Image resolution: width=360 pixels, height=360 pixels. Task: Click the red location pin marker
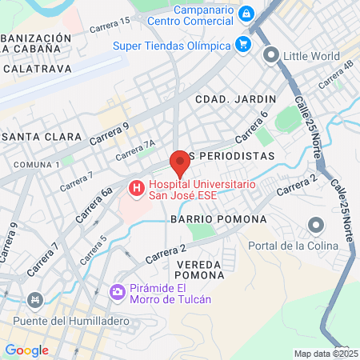[x=180, y=163]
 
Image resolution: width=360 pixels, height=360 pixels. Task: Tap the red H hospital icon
[x=136, y=190]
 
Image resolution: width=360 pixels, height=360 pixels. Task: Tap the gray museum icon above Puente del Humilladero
[x=34, y=301]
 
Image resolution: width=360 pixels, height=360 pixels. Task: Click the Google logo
[x=26, y=350]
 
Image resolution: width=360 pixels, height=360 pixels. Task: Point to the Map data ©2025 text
[x=326, y=354]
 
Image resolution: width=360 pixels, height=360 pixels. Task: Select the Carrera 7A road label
[x=135, y=149]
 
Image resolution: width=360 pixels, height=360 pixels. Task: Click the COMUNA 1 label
[x=37, y=164]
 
